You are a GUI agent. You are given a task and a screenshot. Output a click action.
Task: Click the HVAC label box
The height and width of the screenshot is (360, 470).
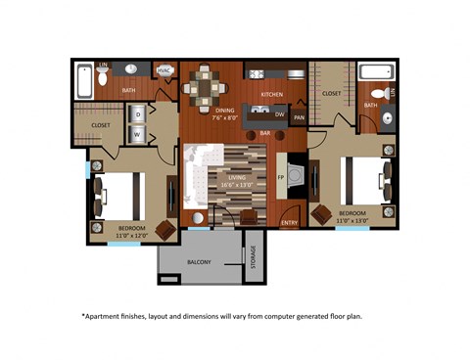[164, 70]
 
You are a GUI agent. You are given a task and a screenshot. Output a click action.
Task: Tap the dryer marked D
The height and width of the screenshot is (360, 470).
[137, 114]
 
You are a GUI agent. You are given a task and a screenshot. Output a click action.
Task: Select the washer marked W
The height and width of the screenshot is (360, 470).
[137, 133]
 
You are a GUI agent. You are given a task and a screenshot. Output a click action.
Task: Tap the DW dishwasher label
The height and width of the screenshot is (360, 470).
[279, 114]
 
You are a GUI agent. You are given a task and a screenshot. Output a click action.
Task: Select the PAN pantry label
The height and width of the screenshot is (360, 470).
[299, 118]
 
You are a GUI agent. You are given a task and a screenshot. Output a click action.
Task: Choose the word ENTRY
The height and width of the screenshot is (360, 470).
[289, 223]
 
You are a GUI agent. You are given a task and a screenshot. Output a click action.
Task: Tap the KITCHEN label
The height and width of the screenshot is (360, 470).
[271, 94]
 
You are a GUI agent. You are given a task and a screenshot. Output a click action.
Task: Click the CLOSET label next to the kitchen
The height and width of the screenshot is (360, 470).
[331, 94]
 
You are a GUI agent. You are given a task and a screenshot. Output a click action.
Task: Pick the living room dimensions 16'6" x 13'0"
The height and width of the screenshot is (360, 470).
[238, 184]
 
